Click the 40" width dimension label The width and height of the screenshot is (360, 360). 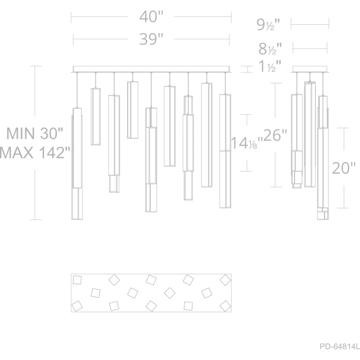tap(151, 17)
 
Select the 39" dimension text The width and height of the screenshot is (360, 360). tap(151, 39)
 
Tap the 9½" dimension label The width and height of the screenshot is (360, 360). tap(268, 25)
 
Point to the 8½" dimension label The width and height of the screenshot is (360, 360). tap(270, 49)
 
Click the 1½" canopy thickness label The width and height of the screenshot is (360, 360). tap(270, 66)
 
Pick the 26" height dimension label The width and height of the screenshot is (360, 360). tap(275, 135)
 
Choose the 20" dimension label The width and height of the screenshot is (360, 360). tap(344, 168)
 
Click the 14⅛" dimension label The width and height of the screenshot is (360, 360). tap(247, 143)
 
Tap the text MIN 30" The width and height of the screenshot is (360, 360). tap(35, 133)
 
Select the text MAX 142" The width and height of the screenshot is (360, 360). tap(35, 153)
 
